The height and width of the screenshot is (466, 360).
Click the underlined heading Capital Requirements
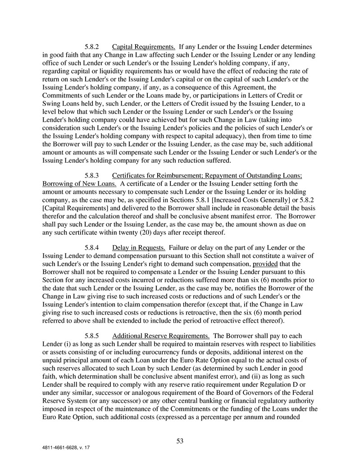pyautogui.click(x=144, y=46)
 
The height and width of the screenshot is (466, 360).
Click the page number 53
pyautogui.click(x=180, y=441)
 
